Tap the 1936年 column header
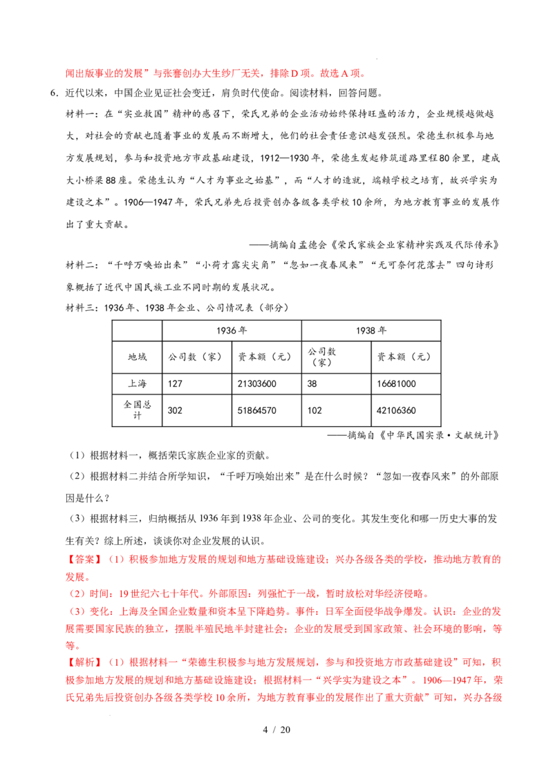tap(232, 331)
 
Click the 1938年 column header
tap(371, 331)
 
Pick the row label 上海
tap(137, 383)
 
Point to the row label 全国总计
tap(137, 410)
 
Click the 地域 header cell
tap(137, 356)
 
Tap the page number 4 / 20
tap(276, 729)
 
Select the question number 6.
tap(54, 93)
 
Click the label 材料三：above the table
tap(84, 307)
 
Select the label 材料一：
tap(84, 114)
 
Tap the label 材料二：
tap(84, 265)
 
